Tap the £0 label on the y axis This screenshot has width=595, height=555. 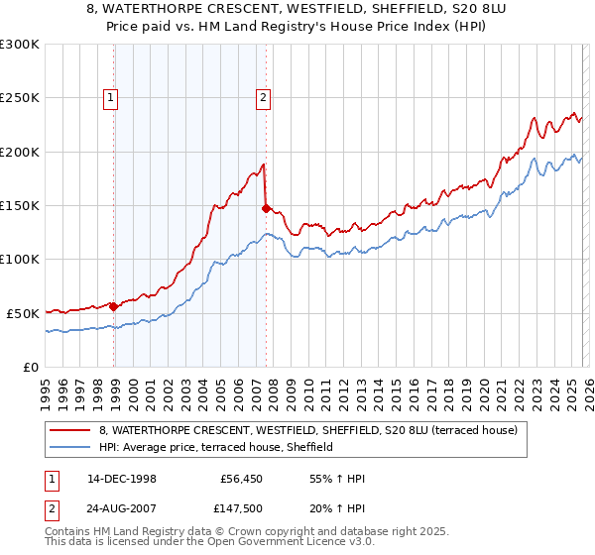(30, 367)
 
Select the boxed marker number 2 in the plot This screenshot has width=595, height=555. (263, 97)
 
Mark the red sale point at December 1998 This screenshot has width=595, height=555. (114, 306)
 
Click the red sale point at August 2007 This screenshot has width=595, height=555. (266, 208)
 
